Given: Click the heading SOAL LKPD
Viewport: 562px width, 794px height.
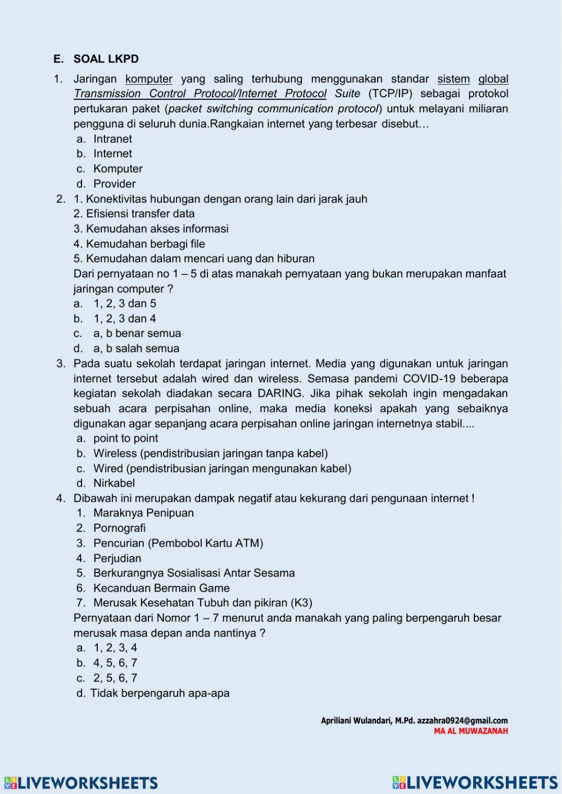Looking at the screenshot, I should point(106,59).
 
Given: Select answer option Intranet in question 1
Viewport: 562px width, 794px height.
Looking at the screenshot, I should point(112,139).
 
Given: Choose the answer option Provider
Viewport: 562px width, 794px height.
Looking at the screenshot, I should point(114,184).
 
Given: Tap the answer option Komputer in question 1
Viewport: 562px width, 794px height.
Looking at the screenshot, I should point(117,169).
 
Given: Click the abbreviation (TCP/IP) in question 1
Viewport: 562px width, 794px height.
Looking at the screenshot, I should point(390,94).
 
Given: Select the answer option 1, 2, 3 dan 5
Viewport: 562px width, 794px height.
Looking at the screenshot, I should point(124,303).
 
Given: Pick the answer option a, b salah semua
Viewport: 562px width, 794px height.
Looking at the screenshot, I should point(136,348).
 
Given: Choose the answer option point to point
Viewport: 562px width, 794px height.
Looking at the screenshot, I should point(125,438).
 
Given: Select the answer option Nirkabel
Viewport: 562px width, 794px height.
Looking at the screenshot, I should point(114,483).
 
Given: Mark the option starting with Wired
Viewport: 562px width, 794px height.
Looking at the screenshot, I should point(222,469).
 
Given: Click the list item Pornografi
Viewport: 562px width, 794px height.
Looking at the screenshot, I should point(119,528).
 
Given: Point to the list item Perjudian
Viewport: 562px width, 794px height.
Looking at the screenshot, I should point(117,559).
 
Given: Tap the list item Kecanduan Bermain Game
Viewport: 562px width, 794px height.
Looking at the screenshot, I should point(161,588).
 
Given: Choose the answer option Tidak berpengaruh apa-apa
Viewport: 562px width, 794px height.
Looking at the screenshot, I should point(160,693).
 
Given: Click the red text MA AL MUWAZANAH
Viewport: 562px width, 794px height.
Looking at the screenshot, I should point(470,731).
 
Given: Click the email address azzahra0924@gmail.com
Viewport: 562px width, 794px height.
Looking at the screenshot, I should point(462,720).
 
